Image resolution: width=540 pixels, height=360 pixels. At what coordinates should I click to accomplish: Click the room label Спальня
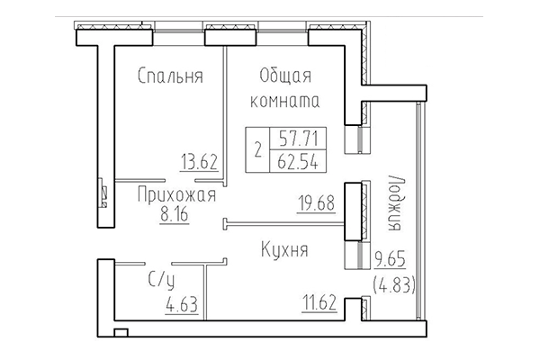pyautogui.click(x=171, y=76)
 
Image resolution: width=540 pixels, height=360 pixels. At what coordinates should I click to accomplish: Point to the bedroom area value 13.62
pyautogui.click(x=199, y=163)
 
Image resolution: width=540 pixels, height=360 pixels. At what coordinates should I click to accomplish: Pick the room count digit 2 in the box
pyautogui.click(x=260, y=150)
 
